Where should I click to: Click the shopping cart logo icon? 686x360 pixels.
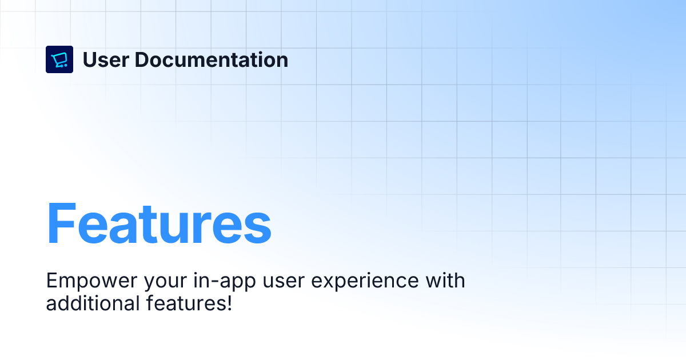59,59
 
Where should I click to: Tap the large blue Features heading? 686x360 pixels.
159,224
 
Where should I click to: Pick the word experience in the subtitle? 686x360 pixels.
365,282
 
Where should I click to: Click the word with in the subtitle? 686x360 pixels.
445,281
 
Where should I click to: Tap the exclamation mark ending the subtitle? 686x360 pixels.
229,303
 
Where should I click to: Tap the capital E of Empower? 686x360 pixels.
53,281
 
